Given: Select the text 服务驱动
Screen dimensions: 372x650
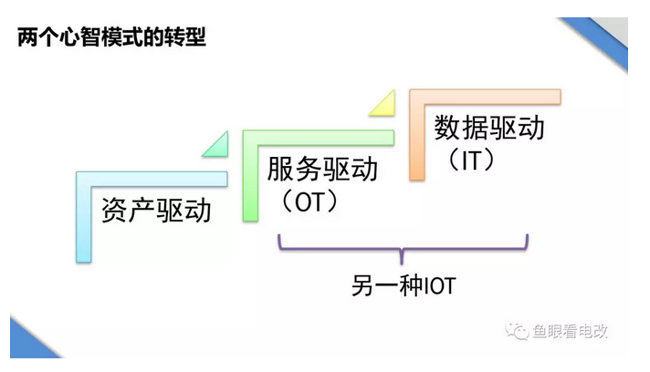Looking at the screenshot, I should coord(322,170).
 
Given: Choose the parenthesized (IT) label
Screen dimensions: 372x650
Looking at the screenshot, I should coord(471,159).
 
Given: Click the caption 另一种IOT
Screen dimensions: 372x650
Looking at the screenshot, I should coord(403,285).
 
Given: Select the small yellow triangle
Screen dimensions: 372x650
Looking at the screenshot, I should coord(384,106).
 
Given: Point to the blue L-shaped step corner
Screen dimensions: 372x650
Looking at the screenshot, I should coord(85,182).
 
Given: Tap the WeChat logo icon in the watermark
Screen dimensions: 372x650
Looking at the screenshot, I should coord(519,331).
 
